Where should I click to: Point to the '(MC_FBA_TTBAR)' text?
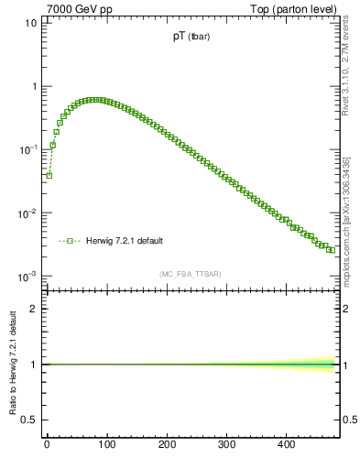click(191, 274)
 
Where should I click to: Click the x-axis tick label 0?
click(47, 445)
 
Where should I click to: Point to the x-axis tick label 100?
click(106, 445)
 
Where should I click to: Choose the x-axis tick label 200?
click(167, 445)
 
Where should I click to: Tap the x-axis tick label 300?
click(226, 445)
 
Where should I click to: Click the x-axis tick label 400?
click(286, 445)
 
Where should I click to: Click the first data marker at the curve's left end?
click(49, 175)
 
